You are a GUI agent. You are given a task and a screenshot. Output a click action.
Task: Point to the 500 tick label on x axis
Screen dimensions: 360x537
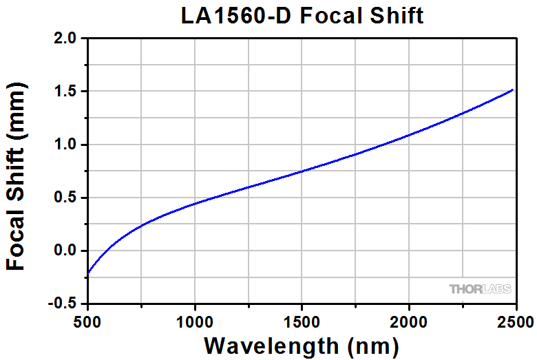(x=88, y=320)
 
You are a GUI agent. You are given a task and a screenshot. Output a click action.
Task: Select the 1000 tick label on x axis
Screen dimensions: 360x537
(x=195, y=320)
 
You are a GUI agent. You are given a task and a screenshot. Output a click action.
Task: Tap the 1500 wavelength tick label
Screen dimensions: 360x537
(x=302, y=320)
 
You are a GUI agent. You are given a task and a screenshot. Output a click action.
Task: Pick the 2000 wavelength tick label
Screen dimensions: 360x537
(x=409, y=320)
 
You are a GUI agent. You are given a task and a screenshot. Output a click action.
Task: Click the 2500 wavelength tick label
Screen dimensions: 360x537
(x=515, y=320)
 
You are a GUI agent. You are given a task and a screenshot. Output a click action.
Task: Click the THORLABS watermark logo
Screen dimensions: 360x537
(x=479, y=289)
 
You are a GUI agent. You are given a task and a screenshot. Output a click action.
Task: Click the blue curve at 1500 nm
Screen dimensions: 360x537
(x=302, y=171)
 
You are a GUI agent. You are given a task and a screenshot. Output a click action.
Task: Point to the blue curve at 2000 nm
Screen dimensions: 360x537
(x=409, y=135)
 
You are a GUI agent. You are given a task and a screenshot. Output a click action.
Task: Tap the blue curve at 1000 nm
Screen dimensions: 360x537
(x=195, y=203)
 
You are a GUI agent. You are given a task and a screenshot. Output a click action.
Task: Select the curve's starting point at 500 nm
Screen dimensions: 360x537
(x=89, y=273)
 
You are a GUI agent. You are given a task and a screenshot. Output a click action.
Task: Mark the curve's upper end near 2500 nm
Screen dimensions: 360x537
(x=513, y=90)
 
